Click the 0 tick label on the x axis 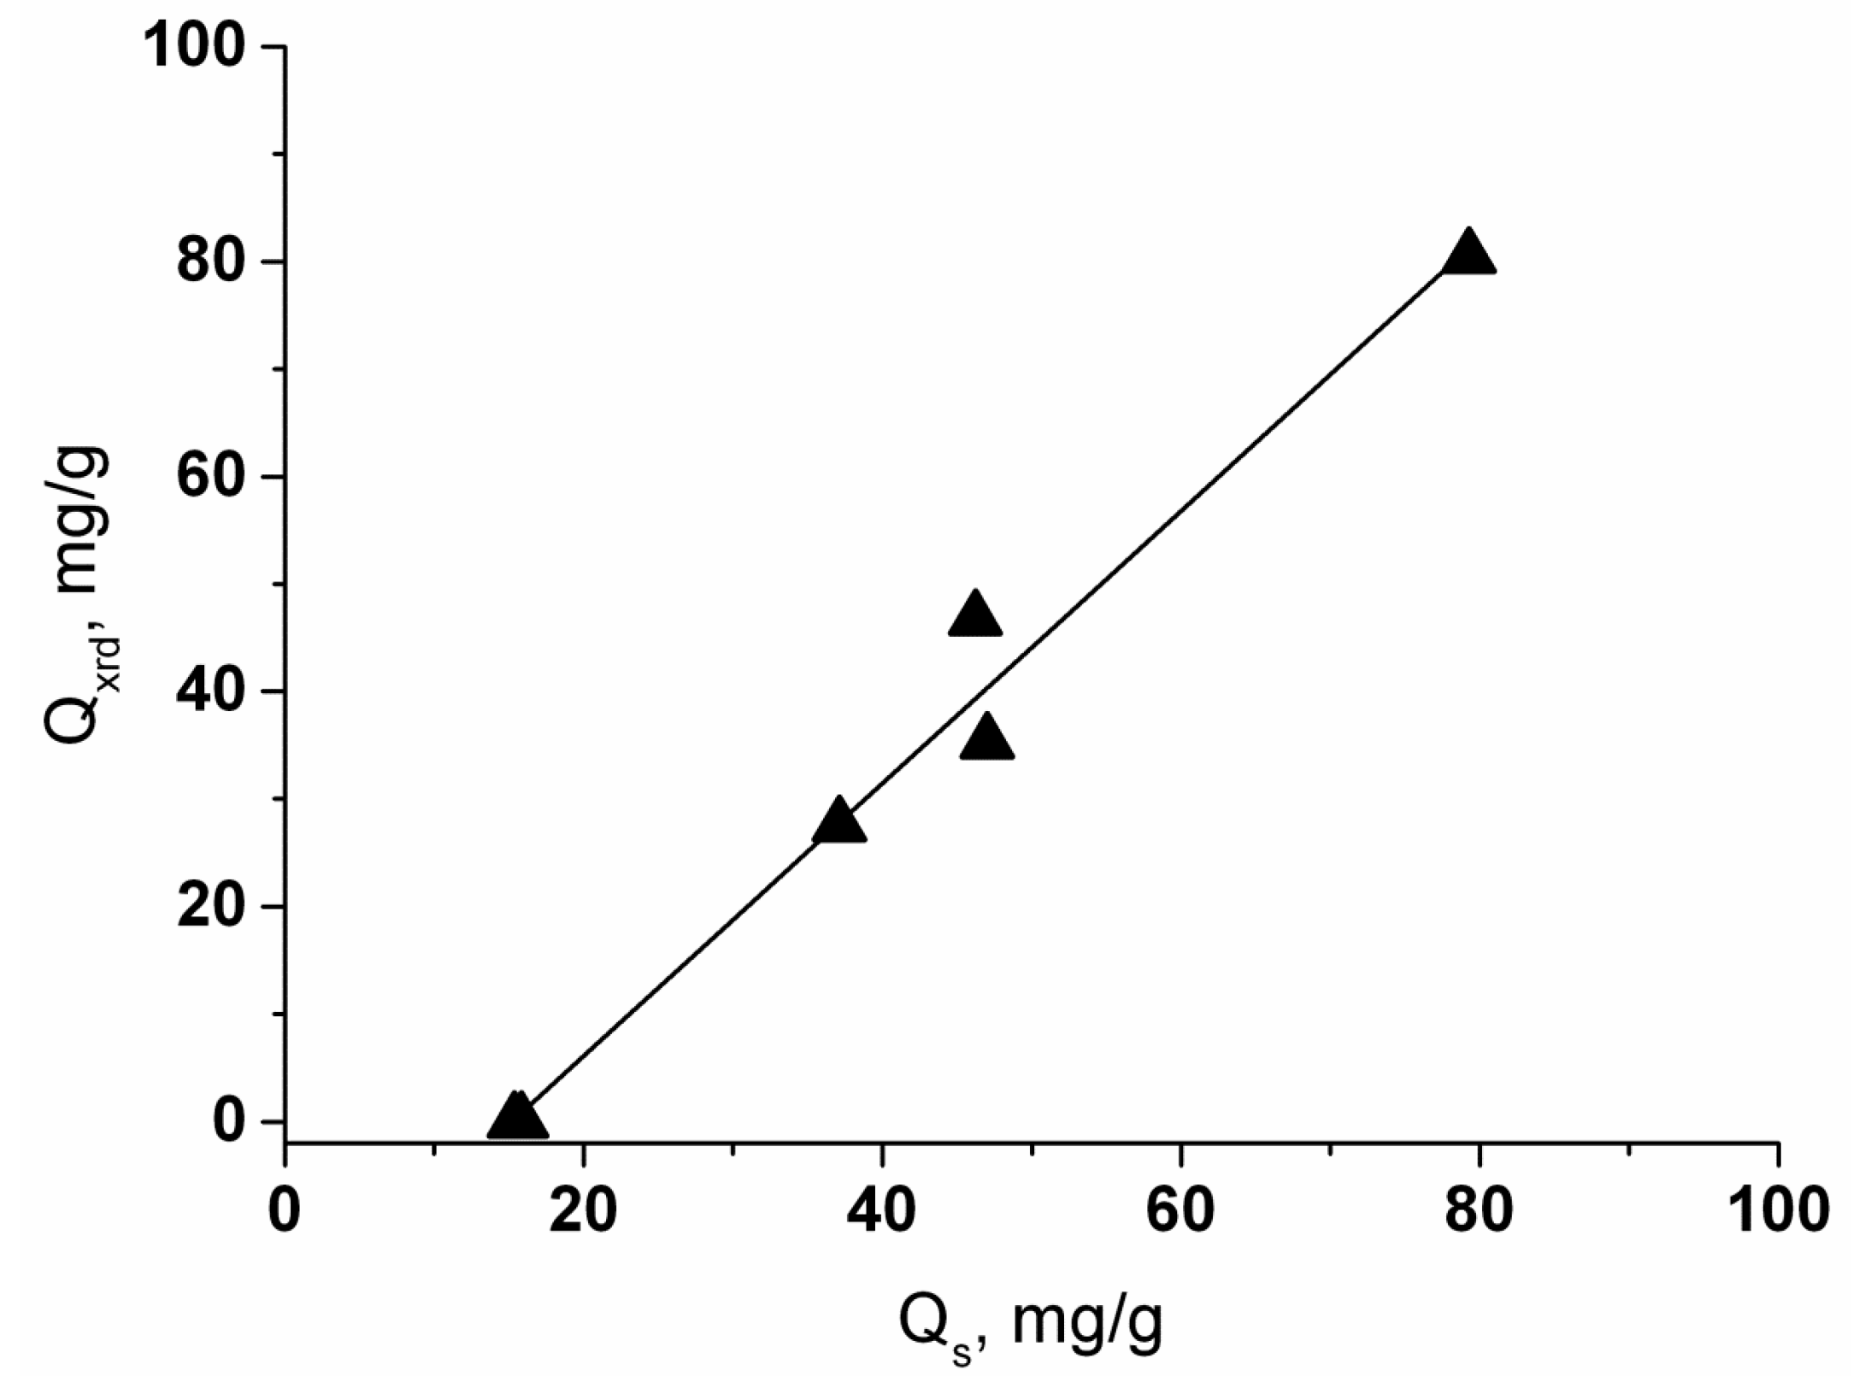pyautogui.click(x=285, y=1211)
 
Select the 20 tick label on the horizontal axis pyautogui.click(x=583, y=1211)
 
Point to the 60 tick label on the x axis pyautogui.click(x=1180, y=1211)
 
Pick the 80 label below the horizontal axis pyautogui.click(x=1479, y=1211)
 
